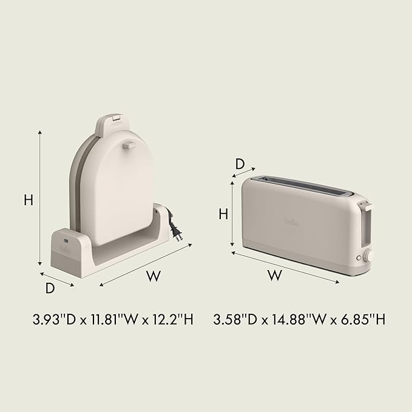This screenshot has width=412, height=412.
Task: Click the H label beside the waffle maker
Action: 29,200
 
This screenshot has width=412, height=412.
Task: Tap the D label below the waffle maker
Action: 50,288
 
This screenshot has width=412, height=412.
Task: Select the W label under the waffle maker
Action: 154,275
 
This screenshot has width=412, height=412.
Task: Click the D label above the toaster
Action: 240,164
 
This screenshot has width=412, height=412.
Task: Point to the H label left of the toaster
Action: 223,214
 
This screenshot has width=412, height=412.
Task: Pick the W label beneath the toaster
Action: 275,275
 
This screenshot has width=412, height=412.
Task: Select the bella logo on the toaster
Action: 292,222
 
